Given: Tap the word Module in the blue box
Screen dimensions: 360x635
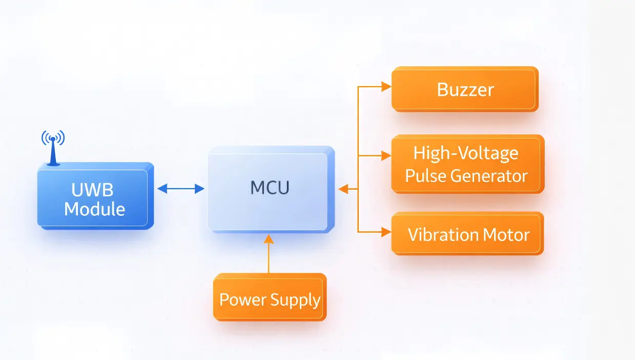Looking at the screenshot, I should [x=95, y=209].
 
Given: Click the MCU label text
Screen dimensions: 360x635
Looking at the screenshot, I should [x=270, y=188].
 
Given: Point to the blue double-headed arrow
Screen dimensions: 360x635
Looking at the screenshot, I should [x=180, y=189].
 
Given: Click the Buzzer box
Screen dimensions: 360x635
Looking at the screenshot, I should [x=465, y=90].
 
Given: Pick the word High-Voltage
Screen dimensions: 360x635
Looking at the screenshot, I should [x=466, y=153].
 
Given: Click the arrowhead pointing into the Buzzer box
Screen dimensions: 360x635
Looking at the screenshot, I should [x=386, y=88].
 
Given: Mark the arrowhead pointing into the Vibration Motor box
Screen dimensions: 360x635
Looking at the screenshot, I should [x=386, y=232].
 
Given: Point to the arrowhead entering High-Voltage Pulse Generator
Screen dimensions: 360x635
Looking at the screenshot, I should [x=386, y=156].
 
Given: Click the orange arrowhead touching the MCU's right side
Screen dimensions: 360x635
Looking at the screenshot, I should [x=342, y=189].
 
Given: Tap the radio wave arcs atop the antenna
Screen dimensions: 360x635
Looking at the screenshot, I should [x=53, y=136].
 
